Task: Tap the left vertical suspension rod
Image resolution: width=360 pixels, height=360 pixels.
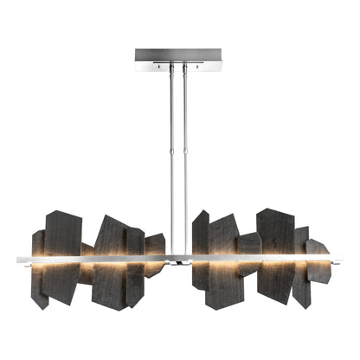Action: pyautogui.click(x=172, y=156)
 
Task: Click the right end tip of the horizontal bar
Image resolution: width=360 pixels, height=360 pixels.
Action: pyautogui.click(x=341, y=257)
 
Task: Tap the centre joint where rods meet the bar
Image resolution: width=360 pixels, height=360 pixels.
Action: pyautogui.click(x=178, y=257)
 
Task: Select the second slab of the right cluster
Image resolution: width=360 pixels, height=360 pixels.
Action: pyautogui.click(x=222, y=260)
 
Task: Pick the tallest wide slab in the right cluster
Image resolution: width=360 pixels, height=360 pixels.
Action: pyautogui.click(x=275, y=251)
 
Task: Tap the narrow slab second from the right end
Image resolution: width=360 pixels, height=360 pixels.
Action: pyautogui.click(x=301, y=264)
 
